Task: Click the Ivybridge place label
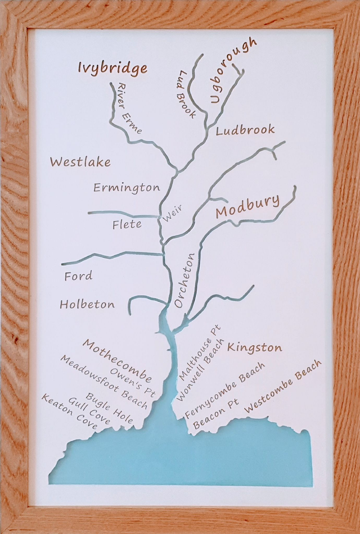coord(112,69)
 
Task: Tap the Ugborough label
coord(233,71)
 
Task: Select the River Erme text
coord(129,108)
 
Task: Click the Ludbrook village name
coord(245,130)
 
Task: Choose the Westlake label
coord(80,162)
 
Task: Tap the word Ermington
coord(127,188)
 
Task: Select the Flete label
coord(127,225)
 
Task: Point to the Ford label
coord(78,277)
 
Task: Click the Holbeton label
coord(87,305)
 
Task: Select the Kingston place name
coord(254,348)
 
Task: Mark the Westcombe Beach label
coord(283,386)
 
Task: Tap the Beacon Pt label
coord(215,415)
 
